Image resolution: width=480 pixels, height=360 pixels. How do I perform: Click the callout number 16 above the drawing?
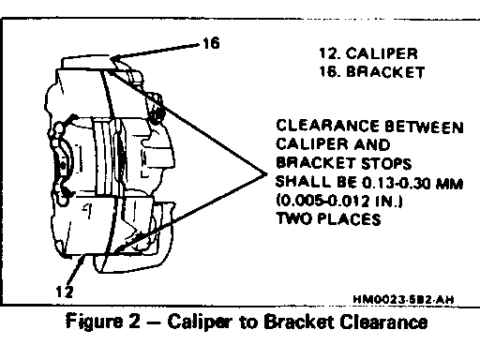click(x=211, y=43)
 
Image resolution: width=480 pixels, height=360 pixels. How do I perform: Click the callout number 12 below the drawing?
click(x=65, y=292)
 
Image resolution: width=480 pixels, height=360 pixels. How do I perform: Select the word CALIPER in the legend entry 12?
click(x=382, y=53)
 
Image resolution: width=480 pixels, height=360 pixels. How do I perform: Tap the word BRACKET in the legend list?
click(x=385, y=72)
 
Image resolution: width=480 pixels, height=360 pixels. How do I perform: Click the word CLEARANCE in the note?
click(x=327, y=126)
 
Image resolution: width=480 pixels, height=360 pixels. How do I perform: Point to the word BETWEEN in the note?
click(x=424, y=127)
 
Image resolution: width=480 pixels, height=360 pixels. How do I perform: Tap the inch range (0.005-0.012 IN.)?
click(x=339, y=201)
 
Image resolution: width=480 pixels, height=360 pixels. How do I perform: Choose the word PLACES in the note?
click(x=349, y=218)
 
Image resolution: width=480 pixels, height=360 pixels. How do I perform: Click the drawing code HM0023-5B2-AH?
click(x=403, y=299)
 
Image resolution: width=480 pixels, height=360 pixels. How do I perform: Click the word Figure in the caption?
click(x=94, y=322)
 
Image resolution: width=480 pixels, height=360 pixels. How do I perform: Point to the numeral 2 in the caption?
click(x=134, y=321)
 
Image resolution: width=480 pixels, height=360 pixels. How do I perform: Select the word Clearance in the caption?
click(x=383, y=322)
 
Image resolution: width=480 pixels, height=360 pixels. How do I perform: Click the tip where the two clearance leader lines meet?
click(x=266, y=173)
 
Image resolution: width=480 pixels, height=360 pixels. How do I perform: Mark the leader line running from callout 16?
click(x=156, y=52)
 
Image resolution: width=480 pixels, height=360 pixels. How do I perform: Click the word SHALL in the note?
click(x=303, y=182)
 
